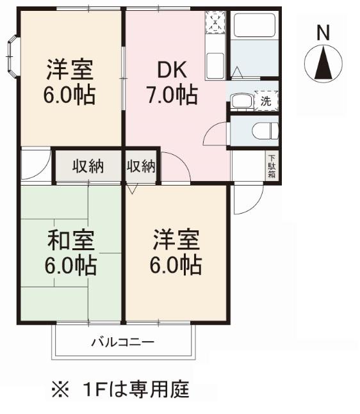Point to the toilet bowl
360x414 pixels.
point(265,131)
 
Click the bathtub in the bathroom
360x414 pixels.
point(254,26)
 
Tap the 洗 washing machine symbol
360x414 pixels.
point(266,100)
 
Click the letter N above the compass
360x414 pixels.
point(323,33)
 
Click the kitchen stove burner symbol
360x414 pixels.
point(215,23)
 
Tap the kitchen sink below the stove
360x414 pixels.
point(215,63)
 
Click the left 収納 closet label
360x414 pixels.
point(88,166)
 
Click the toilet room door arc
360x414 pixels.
point(215,134)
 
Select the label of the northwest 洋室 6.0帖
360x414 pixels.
point(70,82)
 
